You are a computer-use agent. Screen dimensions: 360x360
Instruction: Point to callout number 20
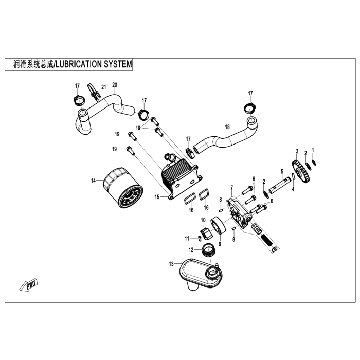point(114,84)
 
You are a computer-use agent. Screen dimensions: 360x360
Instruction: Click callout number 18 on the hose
point(227,127)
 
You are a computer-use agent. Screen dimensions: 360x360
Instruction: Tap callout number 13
point(171,264)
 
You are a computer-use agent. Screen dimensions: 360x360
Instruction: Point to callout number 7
point(232,187)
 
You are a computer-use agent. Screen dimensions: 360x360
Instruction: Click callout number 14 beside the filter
point(93,181)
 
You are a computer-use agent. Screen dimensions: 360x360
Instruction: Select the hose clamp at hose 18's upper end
point(249,109)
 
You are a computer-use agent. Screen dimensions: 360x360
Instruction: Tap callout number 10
point(203,221)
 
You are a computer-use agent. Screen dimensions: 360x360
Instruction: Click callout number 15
point(157,196)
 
